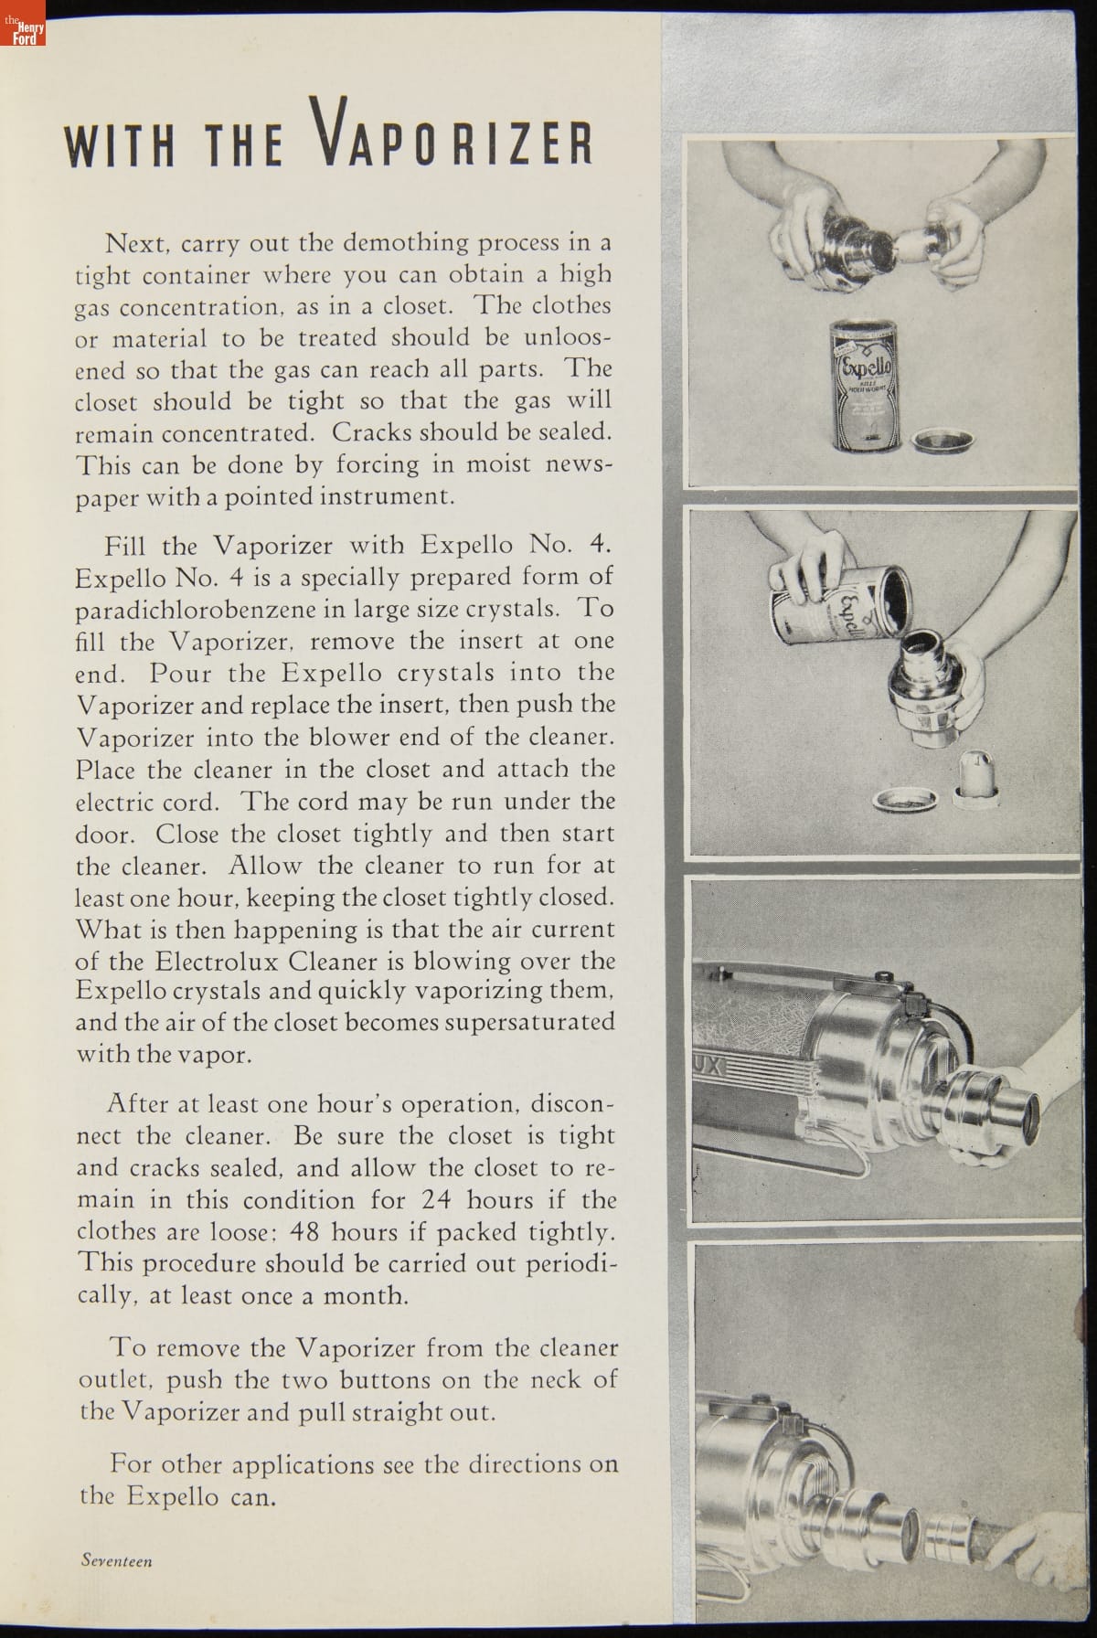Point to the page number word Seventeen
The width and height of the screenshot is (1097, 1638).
coord(116,1560)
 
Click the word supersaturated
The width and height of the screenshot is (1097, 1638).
coord(529,1022)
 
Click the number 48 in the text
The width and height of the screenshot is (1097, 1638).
coord(304,1231)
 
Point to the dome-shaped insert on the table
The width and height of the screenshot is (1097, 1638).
coord(974,779)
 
